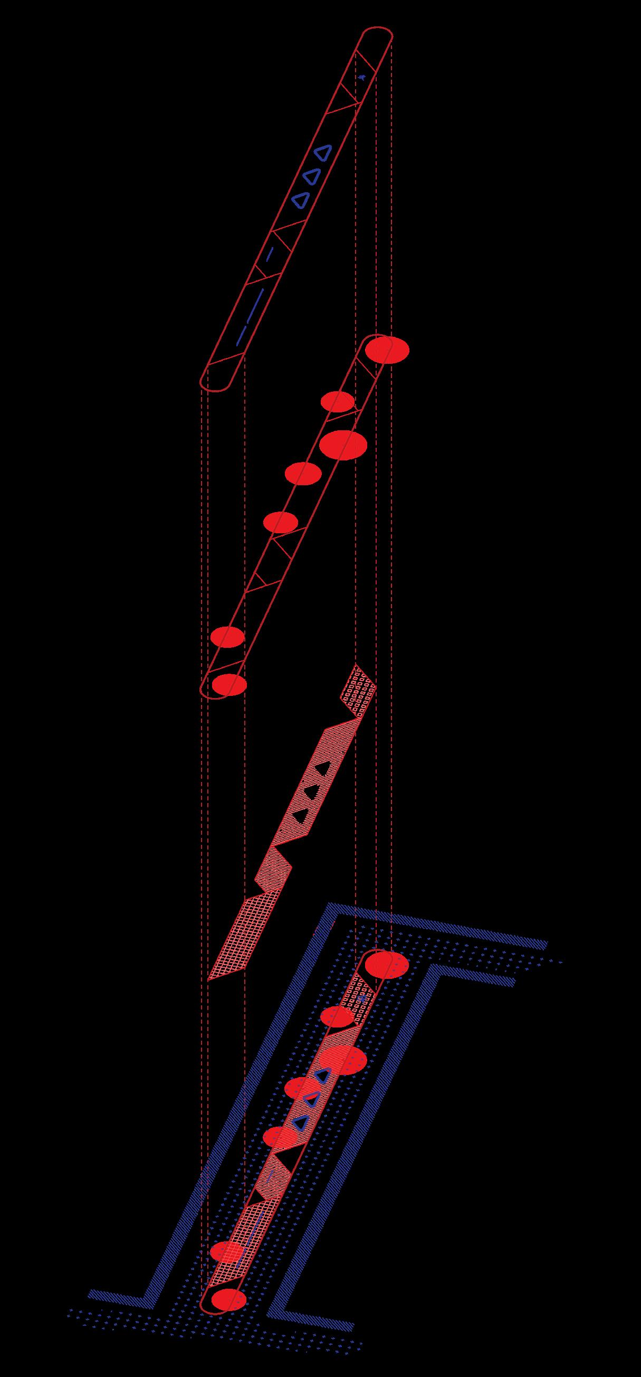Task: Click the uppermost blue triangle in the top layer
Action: pos(322,153)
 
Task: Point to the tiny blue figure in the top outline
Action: pos(362,78)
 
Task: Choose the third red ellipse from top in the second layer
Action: pos(343,444)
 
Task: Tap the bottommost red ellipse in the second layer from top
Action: pos(229,684)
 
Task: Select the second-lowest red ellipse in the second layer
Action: pos(227,637)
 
